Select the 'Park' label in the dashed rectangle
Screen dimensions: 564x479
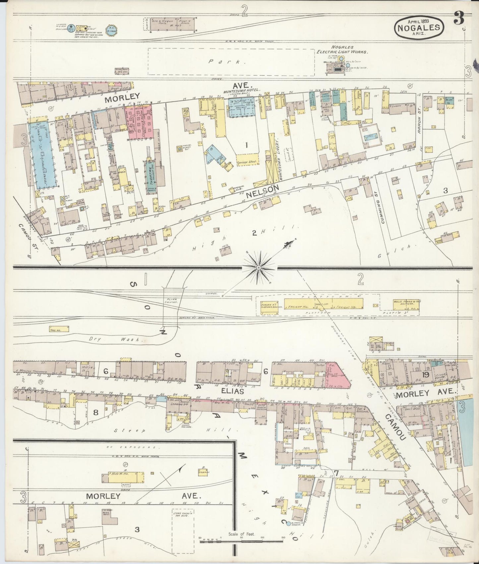tap(217, 62)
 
